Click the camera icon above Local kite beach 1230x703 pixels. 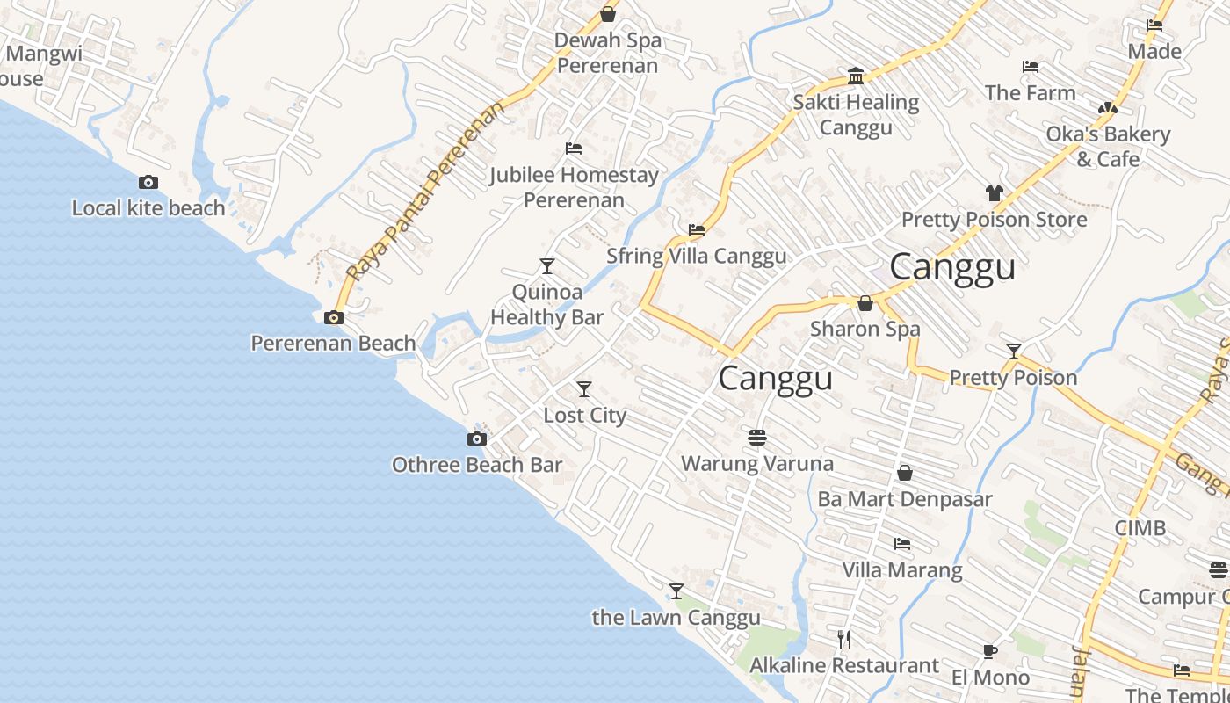[148, 183]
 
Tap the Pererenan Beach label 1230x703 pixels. [333, 343]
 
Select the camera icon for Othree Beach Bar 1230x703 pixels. [476, 438]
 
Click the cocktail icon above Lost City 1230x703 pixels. [584, 389]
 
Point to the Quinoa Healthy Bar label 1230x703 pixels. [546, 304]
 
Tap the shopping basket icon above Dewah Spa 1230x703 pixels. [607, 14]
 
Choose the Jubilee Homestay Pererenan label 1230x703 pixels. [574, 187]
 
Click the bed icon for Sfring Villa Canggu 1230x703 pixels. [697, 230]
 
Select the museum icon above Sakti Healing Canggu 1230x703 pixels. [856, 76]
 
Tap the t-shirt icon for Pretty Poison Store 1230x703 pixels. [994, 193]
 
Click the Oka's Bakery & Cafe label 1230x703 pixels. [1108, 146]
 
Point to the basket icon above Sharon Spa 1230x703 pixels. [865, 303]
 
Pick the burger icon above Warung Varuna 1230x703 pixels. [757, 437]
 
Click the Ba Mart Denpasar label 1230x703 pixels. [905, 499]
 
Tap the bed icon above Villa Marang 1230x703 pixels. [902, 544]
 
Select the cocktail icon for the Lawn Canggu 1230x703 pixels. [676, 591]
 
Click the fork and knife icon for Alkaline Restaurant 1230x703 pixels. [844, 639]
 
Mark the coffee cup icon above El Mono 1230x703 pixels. [990, 651]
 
